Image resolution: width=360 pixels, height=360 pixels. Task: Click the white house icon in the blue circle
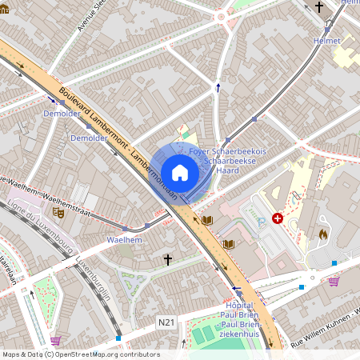[180, 173]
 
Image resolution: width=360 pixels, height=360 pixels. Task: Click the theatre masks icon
[58, 213]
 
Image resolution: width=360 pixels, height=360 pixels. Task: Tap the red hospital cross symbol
[278, 218]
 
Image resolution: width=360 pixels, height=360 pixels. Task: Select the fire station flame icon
[323, 234]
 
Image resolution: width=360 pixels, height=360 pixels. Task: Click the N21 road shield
[166, 322]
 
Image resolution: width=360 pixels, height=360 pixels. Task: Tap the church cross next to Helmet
[319, 8]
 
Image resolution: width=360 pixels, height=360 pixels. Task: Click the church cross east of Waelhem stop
[168, 260]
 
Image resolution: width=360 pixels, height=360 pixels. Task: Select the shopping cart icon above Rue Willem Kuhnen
[334, 281]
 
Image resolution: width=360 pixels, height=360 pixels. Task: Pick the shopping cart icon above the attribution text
[55, 341]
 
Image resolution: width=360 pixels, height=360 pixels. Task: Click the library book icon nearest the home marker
[207, 220]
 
